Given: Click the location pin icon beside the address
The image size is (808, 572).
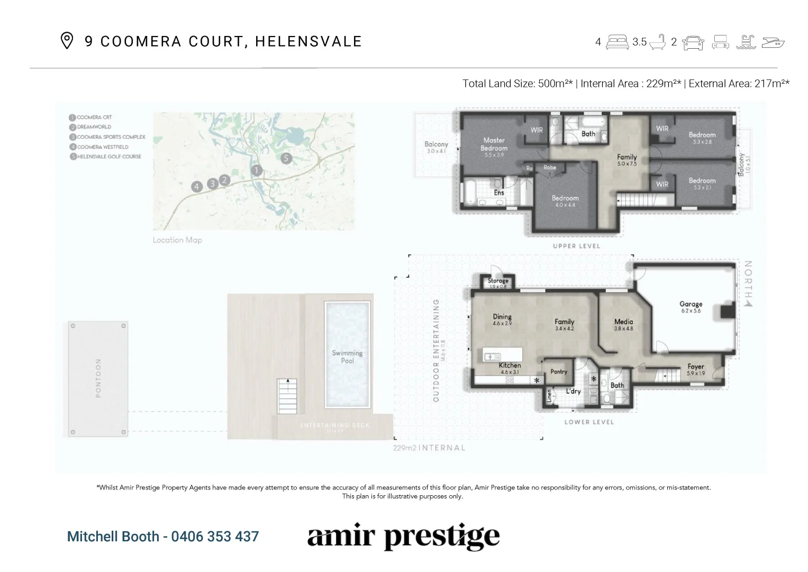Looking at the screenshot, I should (67, 41).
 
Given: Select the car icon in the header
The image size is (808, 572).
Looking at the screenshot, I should (693, 42).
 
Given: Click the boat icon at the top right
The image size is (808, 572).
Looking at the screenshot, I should (774, 42).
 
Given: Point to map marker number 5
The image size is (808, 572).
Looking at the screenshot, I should (286, 158).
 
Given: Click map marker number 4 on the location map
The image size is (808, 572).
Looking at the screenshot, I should (197, 186).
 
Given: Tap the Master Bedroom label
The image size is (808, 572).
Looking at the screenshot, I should (494, 144).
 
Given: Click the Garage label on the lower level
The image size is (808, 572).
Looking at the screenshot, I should (691, 304).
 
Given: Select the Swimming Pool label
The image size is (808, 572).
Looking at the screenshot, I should (347, 356).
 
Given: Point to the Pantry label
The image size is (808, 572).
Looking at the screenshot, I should (559, 372).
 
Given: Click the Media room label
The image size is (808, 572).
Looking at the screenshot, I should (623, 321).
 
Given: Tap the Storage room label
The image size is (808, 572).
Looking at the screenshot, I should (498, 281).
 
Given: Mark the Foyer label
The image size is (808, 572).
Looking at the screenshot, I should (695, 367).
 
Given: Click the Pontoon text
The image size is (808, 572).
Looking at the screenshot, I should (98, 378).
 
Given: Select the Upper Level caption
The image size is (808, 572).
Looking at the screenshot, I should (576, 246).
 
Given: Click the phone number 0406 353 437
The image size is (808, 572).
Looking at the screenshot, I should (215, 537).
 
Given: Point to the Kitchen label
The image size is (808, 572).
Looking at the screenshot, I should (510, 365).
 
